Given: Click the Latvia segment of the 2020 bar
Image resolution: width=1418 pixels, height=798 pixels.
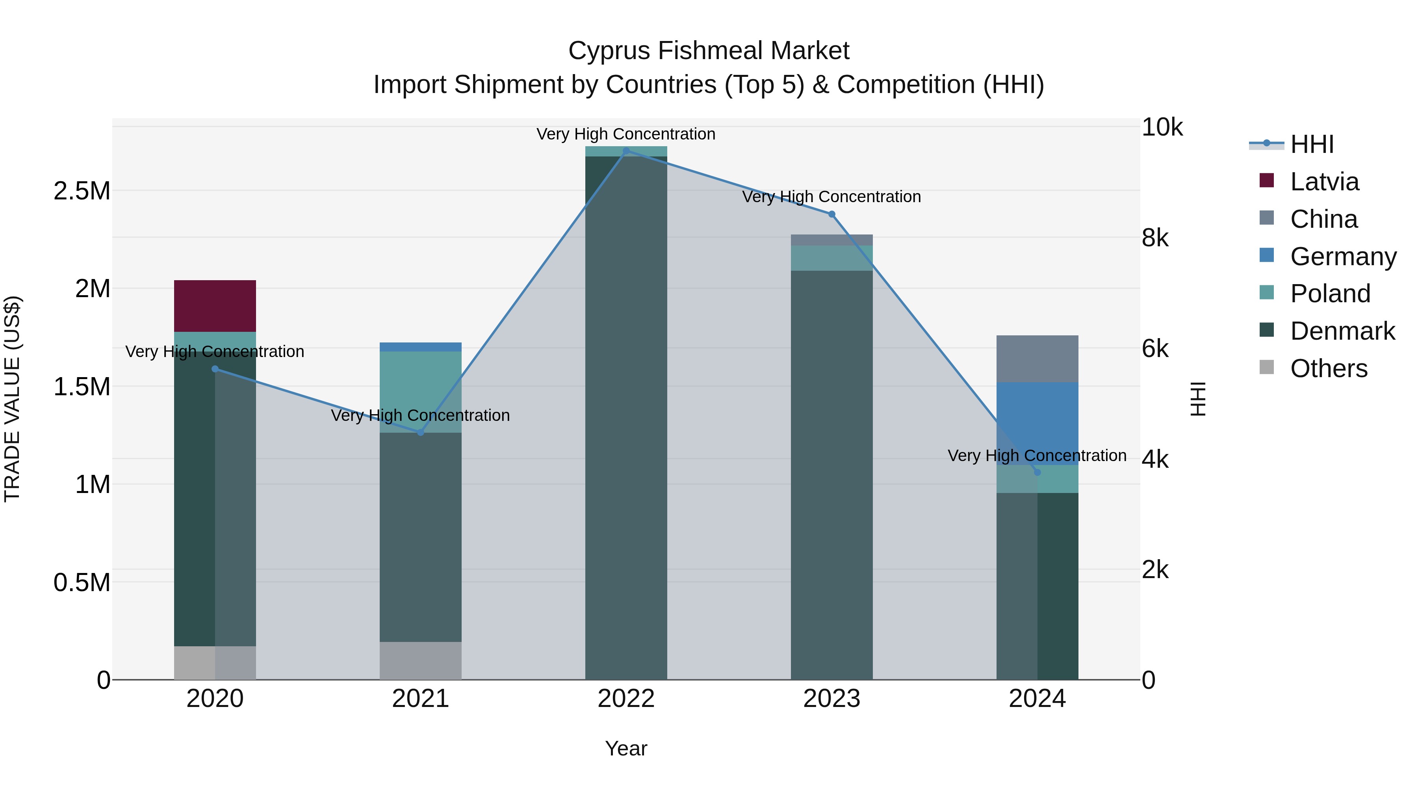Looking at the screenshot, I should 215,306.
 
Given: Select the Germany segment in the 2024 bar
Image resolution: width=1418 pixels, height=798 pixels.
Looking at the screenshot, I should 1037,423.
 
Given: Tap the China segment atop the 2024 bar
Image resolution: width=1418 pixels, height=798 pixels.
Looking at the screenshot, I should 1037,359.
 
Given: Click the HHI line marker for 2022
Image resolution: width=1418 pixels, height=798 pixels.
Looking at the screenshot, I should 626,151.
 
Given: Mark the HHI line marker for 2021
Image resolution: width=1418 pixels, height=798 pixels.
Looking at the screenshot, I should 421,432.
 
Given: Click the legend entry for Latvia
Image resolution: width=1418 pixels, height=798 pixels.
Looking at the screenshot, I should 1324,182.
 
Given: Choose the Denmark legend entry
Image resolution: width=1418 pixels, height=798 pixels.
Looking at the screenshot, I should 1342,331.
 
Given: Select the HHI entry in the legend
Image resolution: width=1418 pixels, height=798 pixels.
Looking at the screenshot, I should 1311,144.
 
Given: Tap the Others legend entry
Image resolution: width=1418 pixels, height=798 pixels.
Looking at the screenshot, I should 1328,368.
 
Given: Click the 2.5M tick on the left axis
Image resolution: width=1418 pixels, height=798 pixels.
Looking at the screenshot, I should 82,191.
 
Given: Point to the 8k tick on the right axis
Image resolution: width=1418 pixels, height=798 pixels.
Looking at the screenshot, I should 1155,238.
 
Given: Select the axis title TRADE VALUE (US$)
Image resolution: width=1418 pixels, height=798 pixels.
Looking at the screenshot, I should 12,399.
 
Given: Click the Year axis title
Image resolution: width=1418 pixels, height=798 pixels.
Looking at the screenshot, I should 626,748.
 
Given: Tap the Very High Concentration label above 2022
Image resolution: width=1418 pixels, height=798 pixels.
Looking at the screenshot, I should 626,134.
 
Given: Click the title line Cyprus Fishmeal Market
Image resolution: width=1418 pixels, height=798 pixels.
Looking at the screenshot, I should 709,51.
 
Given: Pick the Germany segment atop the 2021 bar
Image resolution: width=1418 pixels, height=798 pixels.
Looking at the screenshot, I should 421,347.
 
